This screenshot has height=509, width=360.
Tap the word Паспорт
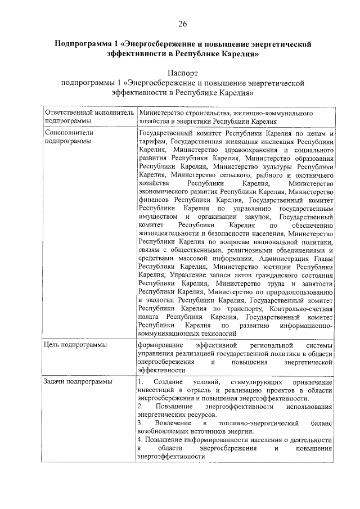click(183, 73)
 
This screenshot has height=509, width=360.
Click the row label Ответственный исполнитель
click(89, 112)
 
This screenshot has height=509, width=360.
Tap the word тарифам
click(151, 142)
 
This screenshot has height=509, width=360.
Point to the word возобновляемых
click(165, 431)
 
